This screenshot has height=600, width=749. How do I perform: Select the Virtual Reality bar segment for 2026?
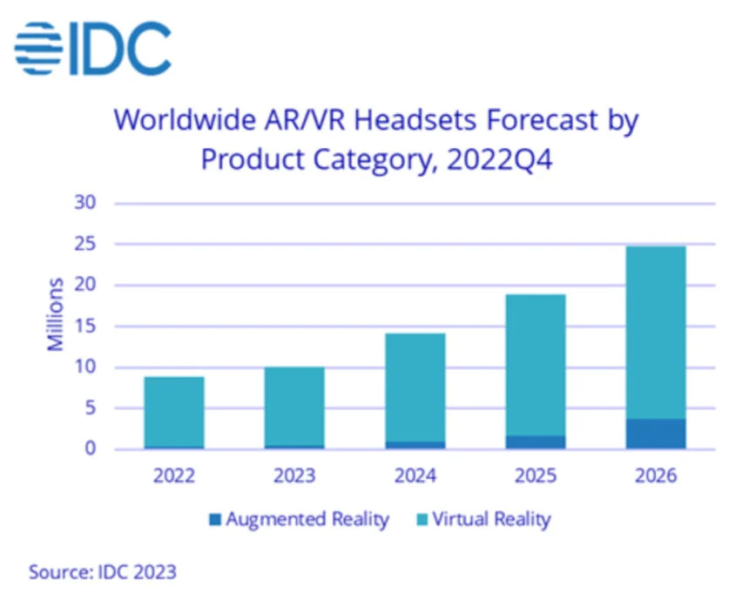(x=656, y=332)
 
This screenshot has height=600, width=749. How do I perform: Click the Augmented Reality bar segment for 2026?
(x=656, y=434)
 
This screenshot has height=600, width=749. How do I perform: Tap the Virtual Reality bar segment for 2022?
(x=174, y=411)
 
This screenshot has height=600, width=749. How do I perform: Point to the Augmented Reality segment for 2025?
(x=536, y=442)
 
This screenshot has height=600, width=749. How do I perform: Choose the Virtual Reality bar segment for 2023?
(x=294, y=406)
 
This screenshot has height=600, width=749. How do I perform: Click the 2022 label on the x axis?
(x=174, y=476)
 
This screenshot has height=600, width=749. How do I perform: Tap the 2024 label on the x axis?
(x=415, y=476)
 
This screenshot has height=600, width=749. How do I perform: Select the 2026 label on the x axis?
(x=656, y=476)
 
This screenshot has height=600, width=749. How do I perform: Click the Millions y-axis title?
(x=56, y=314)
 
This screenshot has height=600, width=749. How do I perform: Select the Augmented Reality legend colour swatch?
(x=214, y=521)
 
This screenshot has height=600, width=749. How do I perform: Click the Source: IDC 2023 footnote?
(x=103, y=571)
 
